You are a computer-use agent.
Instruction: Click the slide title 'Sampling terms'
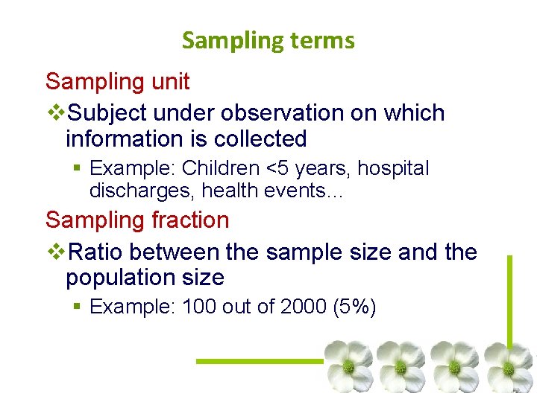[x=268, y=40]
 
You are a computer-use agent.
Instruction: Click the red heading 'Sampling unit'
[x=118, y=81]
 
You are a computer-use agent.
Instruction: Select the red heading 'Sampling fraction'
[x=137, y=220]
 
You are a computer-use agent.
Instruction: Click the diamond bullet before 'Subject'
[x=57, y=113]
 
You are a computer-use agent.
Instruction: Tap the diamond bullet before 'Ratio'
[x=57, y=252]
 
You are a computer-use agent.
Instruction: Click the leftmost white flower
[x=348, y=366]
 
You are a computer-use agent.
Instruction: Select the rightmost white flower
[x=509, y=366]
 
